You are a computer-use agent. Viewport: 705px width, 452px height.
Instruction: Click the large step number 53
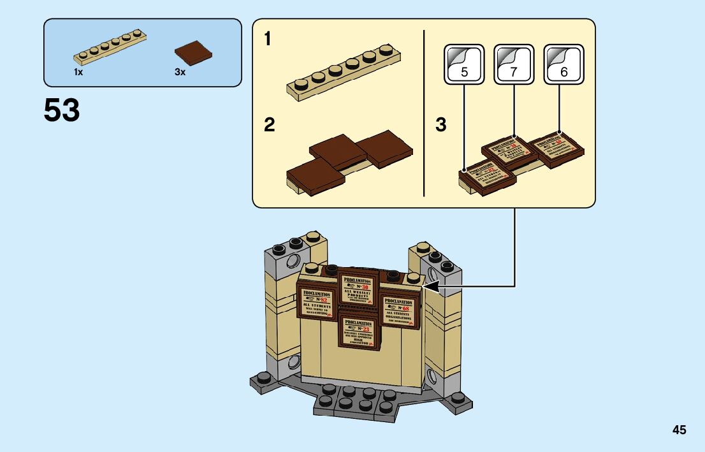click(62, 111)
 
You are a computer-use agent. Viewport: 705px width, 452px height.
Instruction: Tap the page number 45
click(679, 430)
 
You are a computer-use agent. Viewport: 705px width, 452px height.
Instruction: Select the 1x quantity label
click(78, 73)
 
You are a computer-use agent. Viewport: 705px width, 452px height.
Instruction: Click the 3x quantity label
click(180, 73)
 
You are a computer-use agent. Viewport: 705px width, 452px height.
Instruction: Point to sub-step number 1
click(268, 40)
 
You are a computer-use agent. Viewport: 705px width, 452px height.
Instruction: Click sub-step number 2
click(269, 125)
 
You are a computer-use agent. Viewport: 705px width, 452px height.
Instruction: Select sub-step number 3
click(441, 125)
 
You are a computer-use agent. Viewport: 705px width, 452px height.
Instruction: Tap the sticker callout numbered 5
click(464, 64)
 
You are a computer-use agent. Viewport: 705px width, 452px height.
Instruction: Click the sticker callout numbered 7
click(514, 64)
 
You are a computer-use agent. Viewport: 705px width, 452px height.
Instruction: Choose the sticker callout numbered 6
click(563, 64)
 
